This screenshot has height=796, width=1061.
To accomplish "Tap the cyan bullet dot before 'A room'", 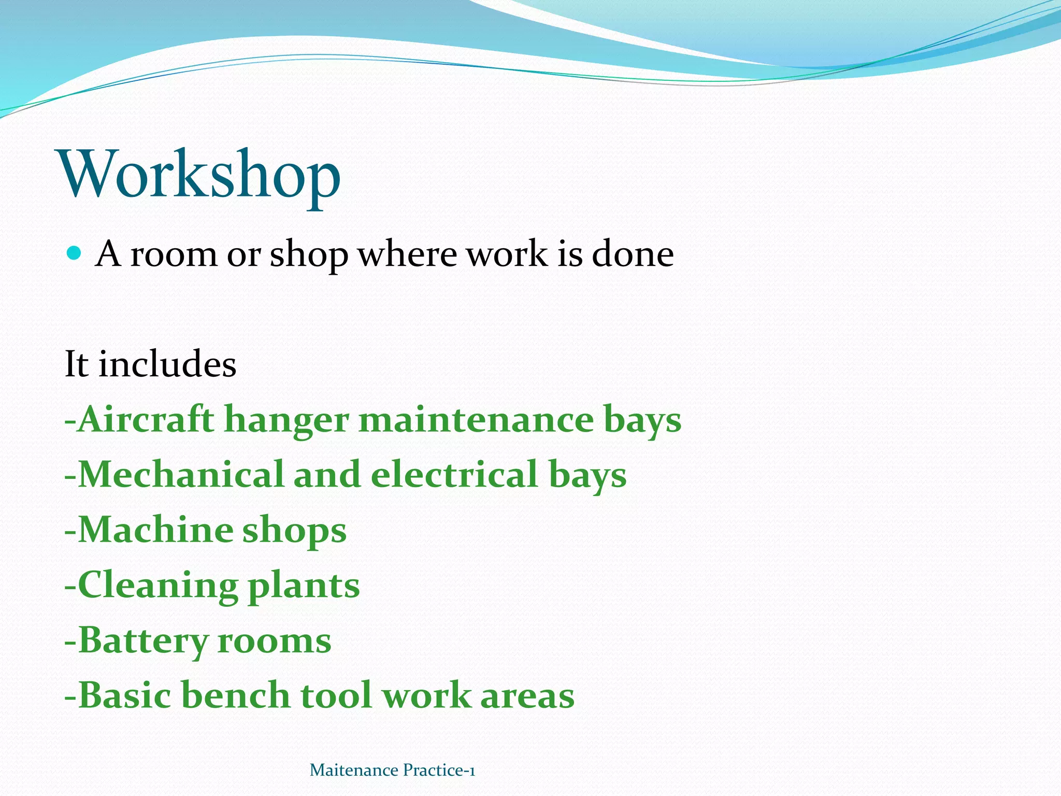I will (x=75, y=253).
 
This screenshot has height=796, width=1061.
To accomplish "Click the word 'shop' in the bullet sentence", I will (x=309, y=255).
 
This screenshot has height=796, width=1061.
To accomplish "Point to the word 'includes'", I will (x=167, y=364).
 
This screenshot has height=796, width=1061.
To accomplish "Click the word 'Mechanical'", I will (x=181, y=474).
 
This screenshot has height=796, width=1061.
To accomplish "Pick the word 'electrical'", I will (x=454, y=474).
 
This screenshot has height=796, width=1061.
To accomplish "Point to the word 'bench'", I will (x=236, y=695).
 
